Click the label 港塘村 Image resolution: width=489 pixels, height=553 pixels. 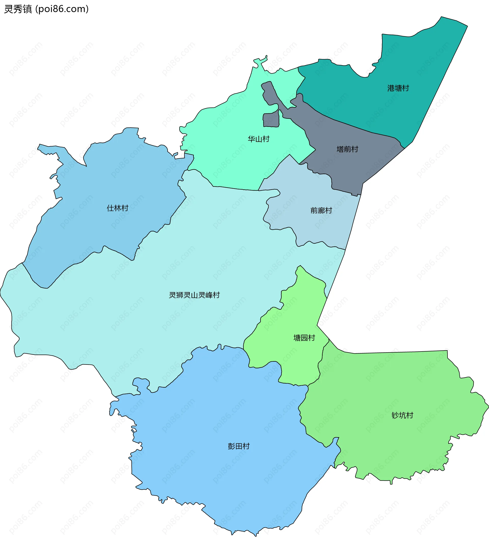pyautogui.click(x=398, y=88)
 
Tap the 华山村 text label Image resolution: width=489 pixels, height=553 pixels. pyautogui.click(x=259, y=139)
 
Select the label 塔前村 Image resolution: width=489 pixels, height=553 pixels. pyautogui.click(x=347, y=149)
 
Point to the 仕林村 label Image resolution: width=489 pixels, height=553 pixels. pyautogui.click(x=117, y=208)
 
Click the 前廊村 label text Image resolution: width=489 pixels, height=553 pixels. pyautogui.click(x=321, y=210)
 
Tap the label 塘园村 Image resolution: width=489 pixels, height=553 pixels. pyautogui.click(x=304, y=338)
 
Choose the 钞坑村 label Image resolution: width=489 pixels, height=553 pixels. pyautogui.click(x=402, y=415)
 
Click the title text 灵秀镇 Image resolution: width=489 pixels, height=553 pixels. pyautogui.click(x=18, y=9)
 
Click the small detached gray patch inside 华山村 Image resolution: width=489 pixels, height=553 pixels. pyautogui.click(x=271, y=120)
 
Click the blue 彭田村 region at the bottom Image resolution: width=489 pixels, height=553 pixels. pyautogui.click(x=216, y=474)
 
